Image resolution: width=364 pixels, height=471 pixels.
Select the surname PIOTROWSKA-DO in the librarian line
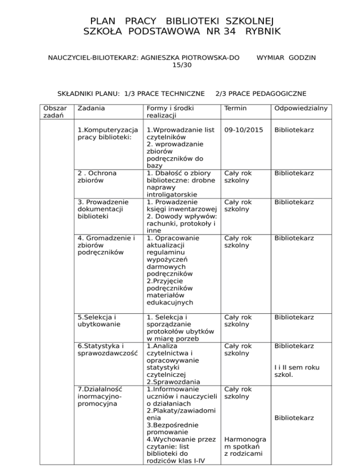click(202, 58)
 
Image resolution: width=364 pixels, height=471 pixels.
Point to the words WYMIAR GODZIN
click(286, 58)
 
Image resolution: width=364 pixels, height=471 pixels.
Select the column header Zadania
click(89, 109)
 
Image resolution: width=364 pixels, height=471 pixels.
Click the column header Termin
click(236, 109)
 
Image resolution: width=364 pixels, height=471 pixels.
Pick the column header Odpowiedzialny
click(297, 109)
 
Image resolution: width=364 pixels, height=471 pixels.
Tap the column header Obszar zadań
click(53, 112)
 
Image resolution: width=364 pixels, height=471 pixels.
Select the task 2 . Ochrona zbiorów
click(97, 177)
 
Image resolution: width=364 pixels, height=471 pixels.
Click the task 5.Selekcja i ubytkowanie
click(93, 320)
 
